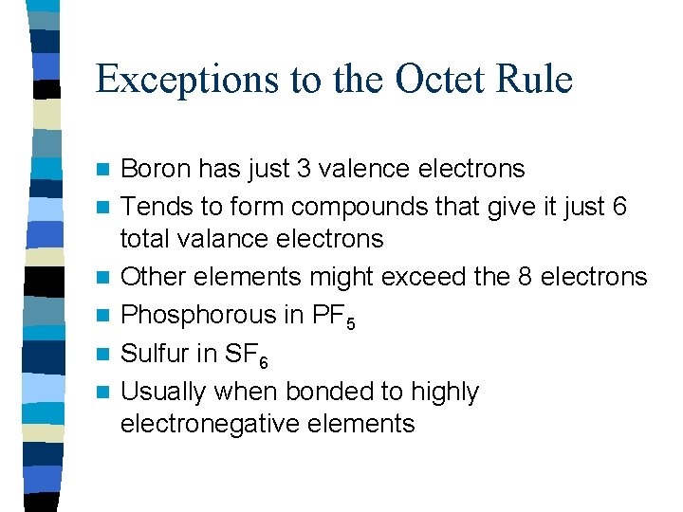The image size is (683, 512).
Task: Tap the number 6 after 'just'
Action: click(619, 206)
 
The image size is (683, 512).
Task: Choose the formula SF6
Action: click(247, 355)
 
